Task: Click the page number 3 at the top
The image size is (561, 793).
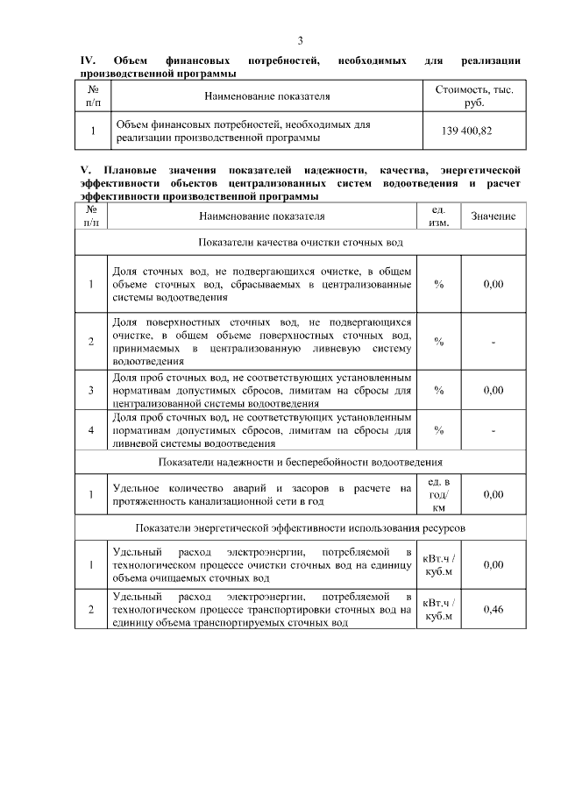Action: coord(300,41)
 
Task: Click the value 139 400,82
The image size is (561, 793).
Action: coord(474,131)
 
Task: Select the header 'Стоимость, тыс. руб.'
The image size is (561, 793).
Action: coord(474,96)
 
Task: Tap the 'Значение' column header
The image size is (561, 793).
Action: coord(494,216)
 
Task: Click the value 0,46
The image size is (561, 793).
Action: coord(494,609)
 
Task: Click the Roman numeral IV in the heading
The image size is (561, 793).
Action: coord(87,60)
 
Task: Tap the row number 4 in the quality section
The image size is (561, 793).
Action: coord(91,430)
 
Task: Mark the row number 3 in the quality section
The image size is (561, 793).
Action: coord(91,391)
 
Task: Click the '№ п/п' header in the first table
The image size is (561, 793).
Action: coord(93,96)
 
